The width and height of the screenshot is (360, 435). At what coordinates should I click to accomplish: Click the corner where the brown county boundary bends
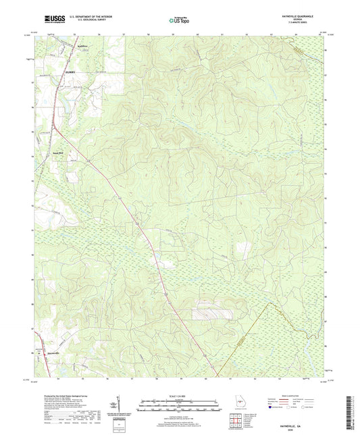[x=272, y=302]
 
